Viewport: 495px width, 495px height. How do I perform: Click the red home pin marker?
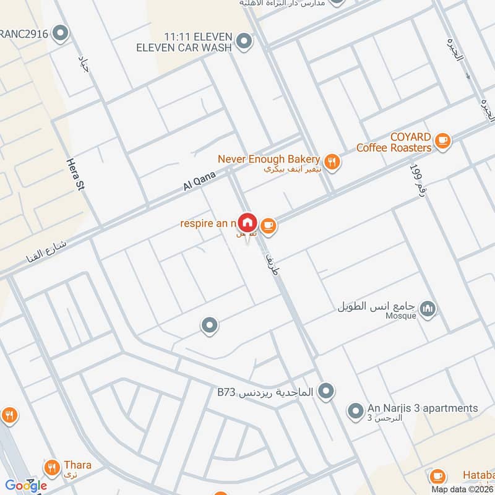pos(247,222)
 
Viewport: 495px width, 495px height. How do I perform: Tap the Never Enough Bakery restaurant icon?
pos(333,162)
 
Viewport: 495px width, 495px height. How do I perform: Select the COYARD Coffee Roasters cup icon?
pos(442,142)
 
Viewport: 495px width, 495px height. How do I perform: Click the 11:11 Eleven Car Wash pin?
pos(245,42)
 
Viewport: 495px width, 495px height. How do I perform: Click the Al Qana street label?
pos(199,180)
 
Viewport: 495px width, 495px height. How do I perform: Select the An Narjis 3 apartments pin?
pos(355,410)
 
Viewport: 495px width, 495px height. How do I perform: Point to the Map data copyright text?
pos(463,489)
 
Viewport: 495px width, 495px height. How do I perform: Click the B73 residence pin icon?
pos(327,391)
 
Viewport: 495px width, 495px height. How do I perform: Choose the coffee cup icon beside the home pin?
pos(268,226)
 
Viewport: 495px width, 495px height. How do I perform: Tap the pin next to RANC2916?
pos(61,33)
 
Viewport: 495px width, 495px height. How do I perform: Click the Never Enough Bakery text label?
pos(269,159)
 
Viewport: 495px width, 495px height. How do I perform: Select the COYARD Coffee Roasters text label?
pos(394,143)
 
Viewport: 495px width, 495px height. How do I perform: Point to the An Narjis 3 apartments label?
pos(423,408)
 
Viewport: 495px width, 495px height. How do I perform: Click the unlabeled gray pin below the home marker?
pos(210,325)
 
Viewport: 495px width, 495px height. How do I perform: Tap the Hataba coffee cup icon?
pos(437,476)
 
